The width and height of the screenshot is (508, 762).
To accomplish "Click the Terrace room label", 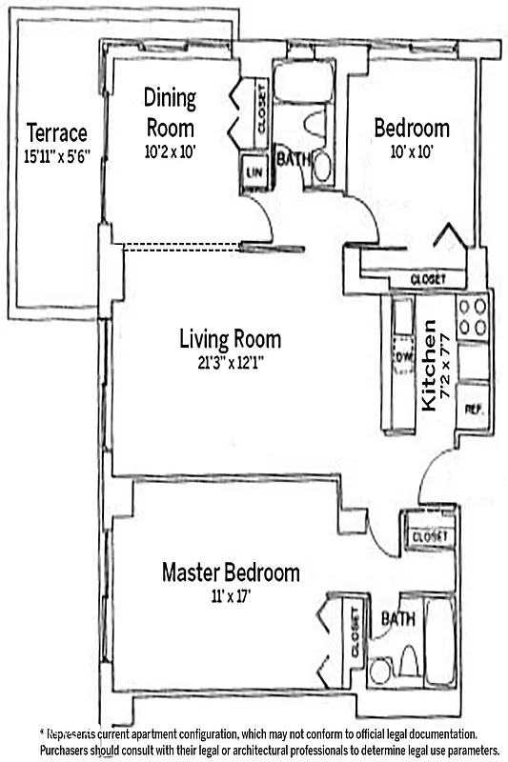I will tap(56, 132).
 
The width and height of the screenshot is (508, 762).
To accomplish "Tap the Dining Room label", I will tap(171, 111).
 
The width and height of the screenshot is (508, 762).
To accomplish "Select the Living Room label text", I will tap(231, 338).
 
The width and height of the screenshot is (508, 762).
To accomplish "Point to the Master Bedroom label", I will tap(230, 572).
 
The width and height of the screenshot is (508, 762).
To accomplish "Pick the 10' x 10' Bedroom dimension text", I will tap(411, 151).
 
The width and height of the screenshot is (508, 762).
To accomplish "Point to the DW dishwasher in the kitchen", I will tap(402, 355).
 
